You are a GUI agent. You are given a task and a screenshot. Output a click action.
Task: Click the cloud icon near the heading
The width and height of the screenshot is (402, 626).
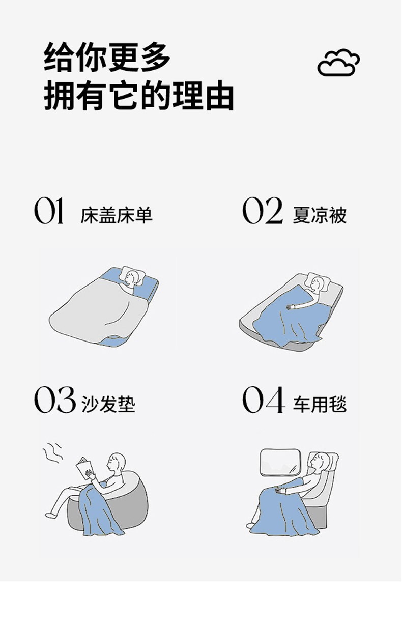338,63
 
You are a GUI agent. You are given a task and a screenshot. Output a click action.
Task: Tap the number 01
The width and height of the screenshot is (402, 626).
49,211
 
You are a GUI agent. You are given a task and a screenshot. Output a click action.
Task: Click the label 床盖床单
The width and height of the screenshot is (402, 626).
117,215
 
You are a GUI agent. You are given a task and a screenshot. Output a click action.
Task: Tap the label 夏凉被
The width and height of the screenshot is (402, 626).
320,215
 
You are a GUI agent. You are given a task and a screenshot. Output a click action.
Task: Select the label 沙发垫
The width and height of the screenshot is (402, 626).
108,405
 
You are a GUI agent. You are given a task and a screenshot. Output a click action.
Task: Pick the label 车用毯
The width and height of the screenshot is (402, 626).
320,405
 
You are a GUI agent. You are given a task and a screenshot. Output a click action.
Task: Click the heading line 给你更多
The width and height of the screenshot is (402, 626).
107,58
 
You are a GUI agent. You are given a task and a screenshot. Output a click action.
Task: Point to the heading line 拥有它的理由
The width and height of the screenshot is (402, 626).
138,96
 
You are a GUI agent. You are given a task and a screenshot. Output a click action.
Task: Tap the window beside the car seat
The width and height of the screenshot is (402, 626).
280,462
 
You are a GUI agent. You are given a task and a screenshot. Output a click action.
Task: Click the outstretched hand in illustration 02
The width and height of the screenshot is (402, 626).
292,306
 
